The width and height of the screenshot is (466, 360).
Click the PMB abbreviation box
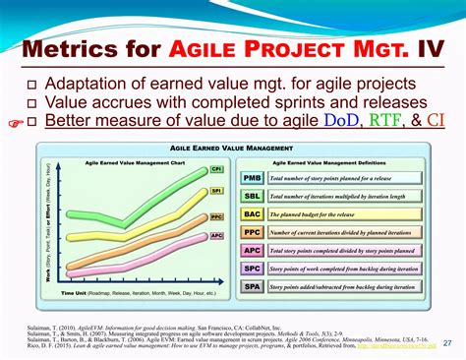(251, 178)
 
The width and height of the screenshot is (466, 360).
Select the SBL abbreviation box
(251, 196)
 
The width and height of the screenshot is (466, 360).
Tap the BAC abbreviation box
(251, 213)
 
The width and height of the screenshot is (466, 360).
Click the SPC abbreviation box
(251, 268)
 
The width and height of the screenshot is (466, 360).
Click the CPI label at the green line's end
(216, 169)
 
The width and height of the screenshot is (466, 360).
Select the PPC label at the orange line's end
(216, 214)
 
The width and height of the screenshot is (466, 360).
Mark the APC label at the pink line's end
(216, 236)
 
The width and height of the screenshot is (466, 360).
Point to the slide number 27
(448, 343)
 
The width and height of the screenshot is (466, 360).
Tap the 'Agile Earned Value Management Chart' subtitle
(124, 162)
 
